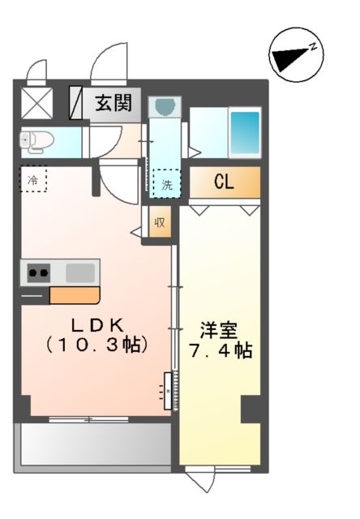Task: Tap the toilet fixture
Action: point(36,141)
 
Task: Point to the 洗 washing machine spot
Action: point(167,183)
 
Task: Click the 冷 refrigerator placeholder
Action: point(33,179)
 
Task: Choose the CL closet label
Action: point(224,182)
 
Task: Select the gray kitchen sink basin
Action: point(80,272)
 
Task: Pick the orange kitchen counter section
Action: point(74,295)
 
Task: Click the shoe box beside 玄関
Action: point(75,103)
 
